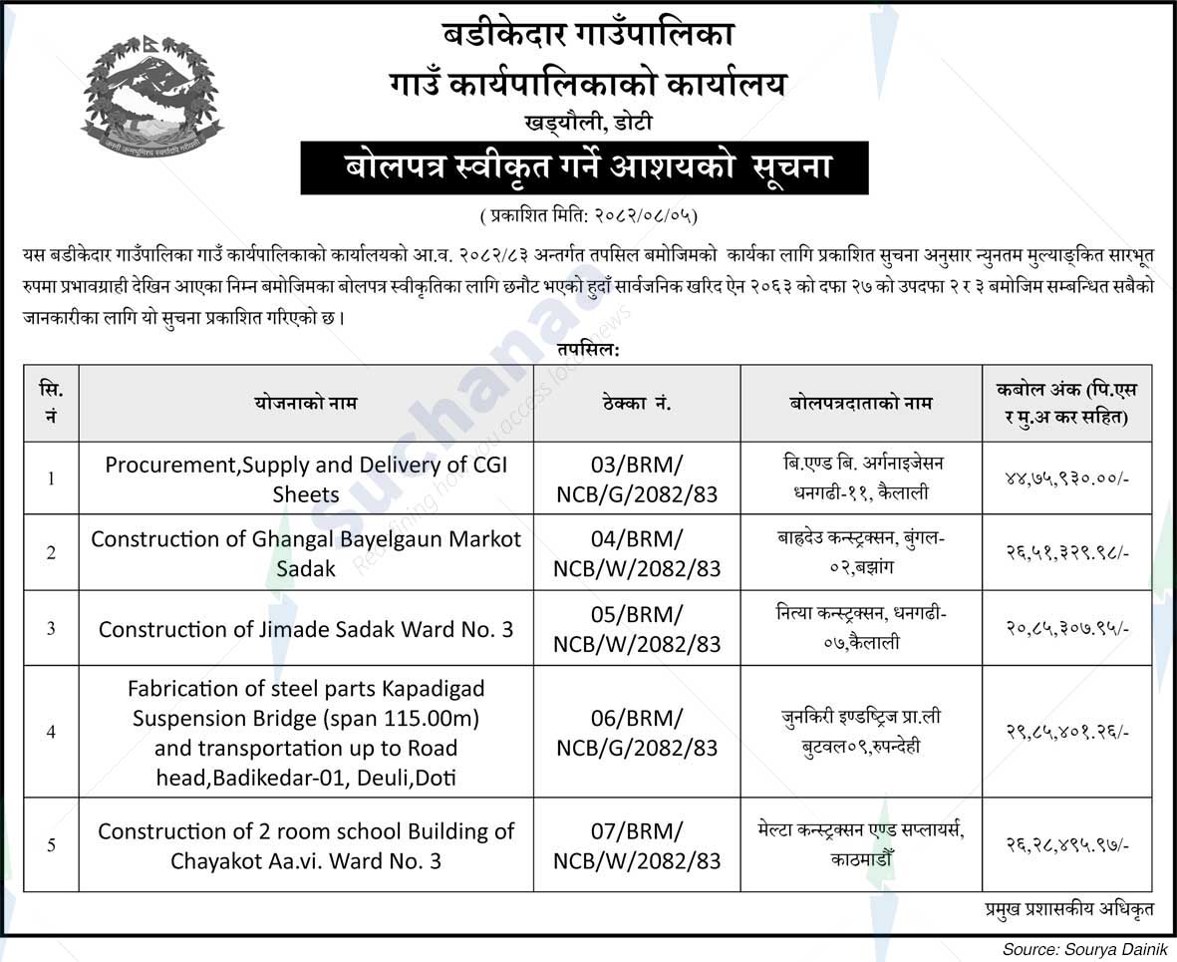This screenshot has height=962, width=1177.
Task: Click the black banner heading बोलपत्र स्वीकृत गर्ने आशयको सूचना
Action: pos(584,167)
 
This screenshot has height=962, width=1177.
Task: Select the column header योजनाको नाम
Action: pos(306,404)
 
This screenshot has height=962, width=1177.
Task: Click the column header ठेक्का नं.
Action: pos(636,404)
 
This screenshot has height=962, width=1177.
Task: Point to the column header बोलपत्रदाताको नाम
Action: pos(860,404)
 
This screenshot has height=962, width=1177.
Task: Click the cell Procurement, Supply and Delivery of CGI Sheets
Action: pos(306,479)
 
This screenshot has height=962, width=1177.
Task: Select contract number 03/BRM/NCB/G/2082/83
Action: pos(636,479)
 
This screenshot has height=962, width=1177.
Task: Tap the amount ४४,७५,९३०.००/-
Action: pos(1066,479)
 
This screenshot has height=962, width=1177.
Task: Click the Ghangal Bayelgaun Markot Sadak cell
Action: pos(306,552)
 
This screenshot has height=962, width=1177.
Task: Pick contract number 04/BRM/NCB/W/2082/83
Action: pos(636,552)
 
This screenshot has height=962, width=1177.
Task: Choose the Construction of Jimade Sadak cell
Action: pos(306,629)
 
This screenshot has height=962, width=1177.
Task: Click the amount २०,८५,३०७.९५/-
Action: pos(1066,629)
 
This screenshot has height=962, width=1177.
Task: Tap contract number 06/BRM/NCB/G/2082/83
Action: pos(636,732)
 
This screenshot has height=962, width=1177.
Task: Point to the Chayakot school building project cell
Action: pos(306,845)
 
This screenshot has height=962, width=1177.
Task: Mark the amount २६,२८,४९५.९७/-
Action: pos(1066,845)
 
